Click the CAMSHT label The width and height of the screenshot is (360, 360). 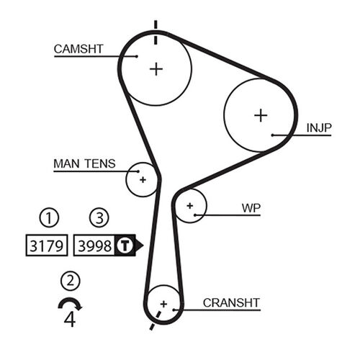[78, 49]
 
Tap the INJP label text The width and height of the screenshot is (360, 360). [319, 128]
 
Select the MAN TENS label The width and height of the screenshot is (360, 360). [84, 164]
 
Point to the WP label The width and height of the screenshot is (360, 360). [251, 208]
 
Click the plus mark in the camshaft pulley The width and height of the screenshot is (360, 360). [156, 68]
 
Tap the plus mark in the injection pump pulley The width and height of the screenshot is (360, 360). [260, 114]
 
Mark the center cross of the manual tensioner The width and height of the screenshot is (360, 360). [143, 179]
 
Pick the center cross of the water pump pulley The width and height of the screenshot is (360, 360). [190, 206]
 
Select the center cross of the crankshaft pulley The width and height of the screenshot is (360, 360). [164, 304]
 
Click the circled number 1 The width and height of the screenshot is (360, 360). [48, 217]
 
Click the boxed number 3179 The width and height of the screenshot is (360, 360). [47, 246]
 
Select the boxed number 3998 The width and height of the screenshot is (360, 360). [94, 246]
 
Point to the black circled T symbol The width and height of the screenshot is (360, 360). [125, 246]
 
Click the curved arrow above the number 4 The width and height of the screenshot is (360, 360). [70, 302]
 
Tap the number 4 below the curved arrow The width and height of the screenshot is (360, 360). [70, 319]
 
